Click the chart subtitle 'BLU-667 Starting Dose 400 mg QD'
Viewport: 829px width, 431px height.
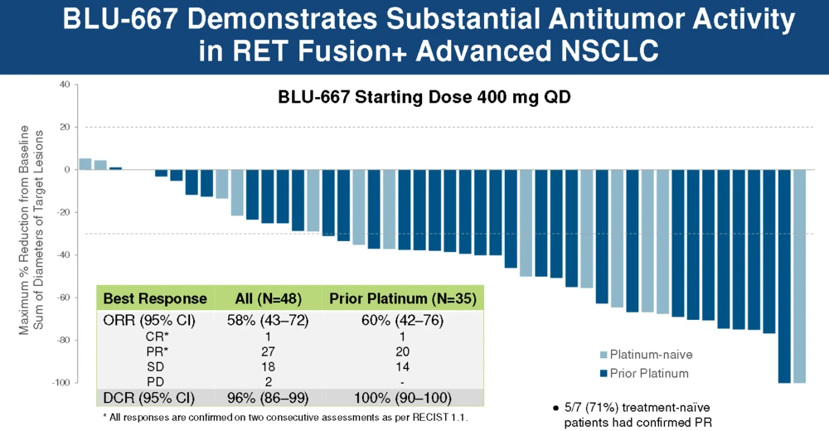[424, 98]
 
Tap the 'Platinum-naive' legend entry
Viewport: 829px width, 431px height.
[646, 355]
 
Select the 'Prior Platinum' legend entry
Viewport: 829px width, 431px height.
[644, 373]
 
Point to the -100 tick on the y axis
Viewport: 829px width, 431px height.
[61, 382]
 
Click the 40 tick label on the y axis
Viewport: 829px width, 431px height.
[65, 85]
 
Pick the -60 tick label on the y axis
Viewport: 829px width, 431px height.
[63, 298]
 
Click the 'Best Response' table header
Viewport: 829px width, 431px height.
[155, 298]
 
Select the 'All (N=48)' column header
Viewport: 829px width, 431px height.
[268, 298]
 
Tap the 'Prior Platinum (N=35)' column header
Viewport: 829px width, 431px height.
[403, 298]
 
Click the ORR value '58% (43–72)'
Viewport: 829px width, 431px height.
[268, 321]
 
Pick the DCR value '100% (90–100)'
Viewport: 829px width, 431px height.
[402, 398]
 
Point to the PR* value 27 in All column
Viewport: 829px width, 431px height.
[268, 351]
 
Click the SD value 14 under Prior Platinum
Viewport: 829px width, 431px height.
[402, 367]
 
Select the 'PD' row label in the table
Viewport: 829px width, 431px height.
[156, 382]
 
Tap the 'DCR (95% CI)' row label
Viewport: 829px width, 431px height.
[149, 398]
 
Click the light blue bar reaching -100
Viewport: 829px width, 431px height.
[799, 276]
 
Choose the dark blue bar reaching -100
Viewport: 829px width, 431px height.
[784, 276]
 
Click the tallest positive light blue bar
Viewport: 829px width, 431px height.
[85, 164]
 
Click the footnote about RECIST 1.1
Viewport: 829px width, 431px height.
[285, 418]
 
